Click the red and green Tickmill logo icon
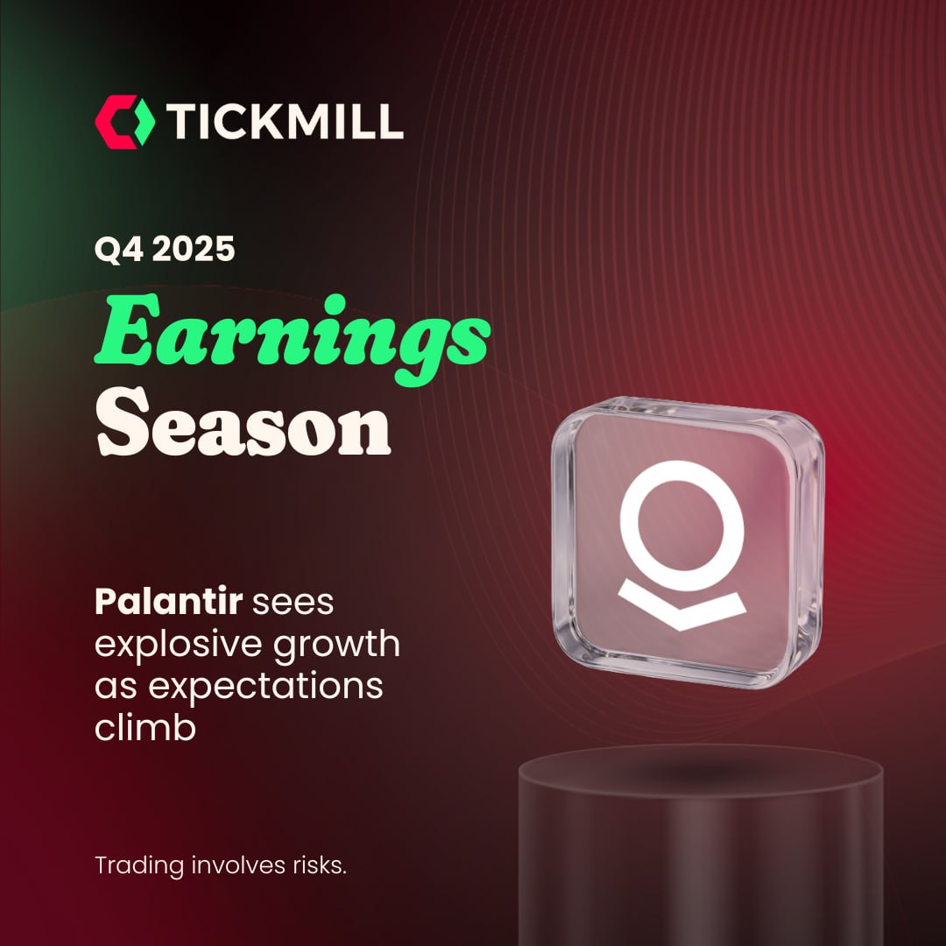point(125,122)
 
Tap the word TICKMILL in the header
point(284,121)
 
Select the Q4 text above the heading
point(119,249)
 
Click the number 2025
point(193,249)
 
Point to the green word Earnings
point(292,339)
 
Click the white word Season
point(244,422)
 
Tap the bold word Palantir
point(168,601)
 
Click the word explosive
point(179,645)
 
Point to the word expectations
point(265,688)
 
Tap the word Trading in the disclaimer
point(139,866)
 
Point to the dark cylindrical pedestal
point(701,844)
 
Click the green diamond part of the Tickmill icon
point(143,122)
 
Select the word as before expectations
point(116,688)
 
